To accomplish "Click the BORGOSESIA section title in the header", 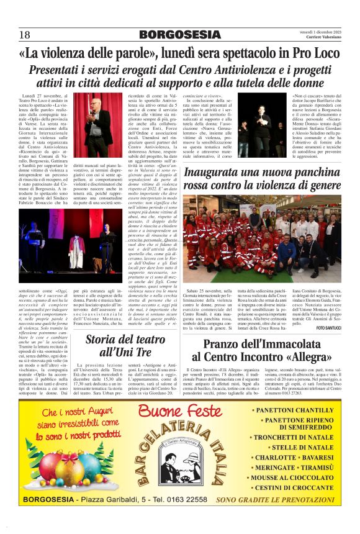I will pos(179,34).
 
